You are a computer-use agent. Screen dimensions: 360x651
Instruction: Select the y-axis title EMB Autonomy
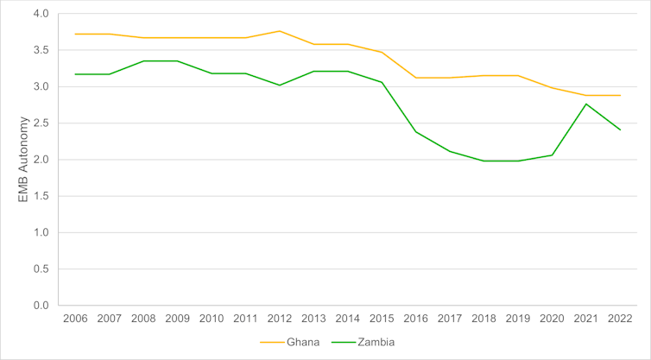pyautogui.click(x=23, y=160)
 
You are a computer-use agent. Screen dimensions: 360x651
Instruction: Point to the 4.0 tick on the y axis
pyautogui.click(x=41, y=14)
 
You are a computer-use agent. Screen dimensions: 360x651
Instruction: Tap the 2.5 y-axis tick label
pyautogui.click(x=41, y=123)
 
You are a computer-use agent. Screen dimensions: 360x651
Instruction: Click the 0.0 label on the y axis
pyautogui.click(x=41, y=306)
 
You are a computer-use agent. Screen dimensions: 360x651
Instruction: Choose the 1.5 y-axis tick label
pyautogui.click(x=41, y=196)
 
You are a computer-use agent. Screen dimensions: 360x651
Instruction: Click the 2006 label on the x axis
pyautogui.click(x=75, y=319)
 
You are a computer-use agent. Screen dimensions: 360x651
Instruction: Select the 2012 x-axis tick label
pyautogui.click(x=280, y=319)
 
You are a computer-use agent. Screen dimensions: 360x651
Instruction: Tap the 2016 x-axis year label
pyautogui.click(x=416, y=319)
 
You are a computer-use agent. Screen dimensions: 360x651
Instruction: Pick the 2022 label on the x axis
pyautogui.click(x=620, y=319)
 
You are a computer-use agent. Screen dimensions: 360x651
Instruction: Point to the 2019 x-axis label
pyautogui.click(x=518, y=319)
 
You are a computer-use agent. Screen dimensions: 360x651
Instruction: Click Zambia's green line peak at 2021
pyautogui.click(x=586, y=104)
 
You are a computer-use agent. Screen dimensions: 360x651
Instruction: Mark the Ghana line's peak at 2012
pyautogui.click(x=280, y=31)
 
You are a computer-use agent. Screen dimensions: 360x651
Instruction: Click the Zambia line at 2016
pyautogui.click(x=416, y=132)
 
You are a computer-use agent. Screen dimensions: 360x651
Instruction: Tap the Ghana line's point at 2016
pyautogui.click(x=416, y=78)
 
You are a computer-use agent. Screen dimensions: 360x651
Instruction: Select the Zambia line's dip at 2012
pyautogui.click(x=280, y=85)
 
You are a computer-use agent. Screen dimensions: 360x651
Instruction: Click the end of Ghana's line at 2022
pyautogui.click(x=620, y=95)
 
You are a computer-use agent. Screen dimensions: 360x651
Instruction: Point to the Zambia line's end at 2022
pyautogui.click(x=620, y=130)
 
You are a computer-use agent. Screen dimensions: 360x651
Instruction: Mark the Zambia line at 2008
pyautogui.click(x=143, y=61)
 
